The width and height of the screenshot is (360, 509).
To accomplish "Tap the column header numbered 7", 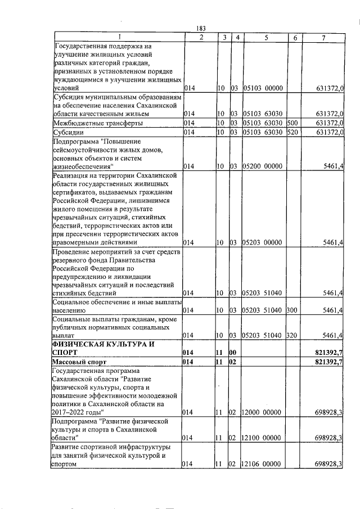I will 323,37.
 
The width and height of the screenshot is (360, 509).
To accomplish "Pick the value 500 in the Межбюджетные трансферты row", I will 292,123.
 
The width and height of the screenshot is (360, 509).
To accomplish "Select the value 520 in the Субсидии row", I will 292,132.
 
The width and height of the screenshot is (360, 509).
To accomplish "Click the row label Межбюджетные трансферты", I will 98,123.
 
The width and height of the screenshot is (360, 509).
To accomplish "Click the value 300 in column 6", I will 292,310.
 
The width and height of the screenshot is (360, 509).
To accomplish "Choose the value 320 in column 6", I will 292,336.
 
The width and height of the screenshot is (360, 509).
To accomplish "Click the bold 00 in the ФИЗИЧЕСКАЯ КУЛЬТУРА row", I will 234,352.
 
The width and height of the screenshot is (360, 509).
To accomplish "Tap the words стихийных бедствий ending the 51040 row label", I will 85,293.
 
